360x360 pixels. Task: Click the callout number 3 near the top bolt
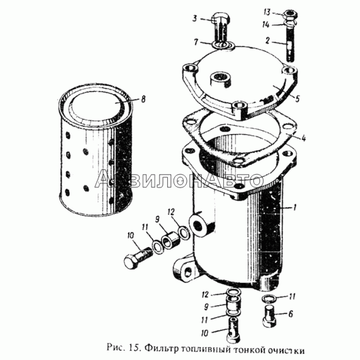[x=195, y=18]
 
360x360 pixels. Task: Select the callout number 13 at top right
[x=267, y=12]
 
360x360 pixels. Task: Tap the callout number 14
[x=265, y=24]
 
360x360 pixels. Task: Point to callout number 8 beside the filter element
[x=143, y=99]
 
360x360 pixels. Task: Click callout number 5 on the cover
[x=297, y=99]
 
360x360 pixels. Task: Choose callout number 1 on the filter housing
[x=196, y=42]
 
